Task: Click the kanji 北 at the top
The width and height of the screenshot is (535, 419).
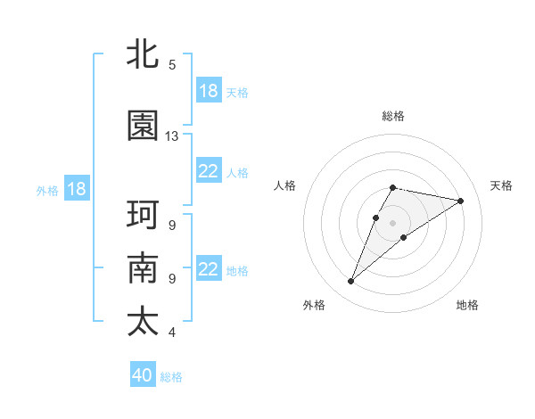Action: point(143,53)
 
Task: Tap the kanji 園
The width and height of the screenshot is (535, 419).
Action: point(143,126)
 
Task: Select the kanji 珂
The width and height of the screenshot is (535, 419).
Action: point(143,215)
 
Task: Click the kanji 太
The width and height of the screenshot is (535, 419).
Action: point(143,322)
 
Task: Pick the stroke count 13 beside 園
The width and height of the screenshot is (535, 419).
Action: point(172,136)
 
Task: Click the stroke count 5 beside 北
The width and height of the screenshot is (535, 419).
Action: point(172,65)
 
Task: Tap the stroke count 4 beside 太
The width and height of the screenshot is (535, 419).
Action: point(172,333)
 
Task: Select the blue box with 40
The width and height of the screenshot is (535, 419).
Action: point(143,375)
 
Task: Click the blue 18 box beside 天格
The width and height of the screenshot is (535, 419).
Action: point(209,91)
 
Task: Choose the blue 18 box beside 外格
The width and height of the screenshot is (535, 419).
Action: point(77,189)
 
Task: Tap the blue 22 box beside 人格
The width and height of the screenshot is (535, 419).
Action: point(209,171)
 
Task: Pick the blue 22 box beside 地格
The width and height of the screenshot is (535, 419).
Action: point(209,269)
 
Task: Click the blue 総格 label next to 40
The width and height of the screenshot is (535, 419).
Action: point(171,377)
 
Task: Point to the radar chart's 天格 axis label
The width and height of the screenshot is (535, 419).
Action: point(501,185)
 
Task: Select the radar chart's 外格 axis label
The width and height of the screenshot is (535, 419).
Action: point(314,305)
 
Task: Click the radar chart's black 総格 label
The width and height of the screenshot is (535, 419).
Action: point(393,116)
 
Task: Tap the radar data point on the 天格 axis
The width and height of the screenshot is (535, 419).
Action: point(460,201)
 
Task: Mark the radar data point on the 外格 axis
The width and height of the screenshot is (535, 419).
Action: point(351,282)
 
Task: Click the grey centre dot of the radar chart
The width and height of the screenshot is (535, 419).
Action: point(392,222)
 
